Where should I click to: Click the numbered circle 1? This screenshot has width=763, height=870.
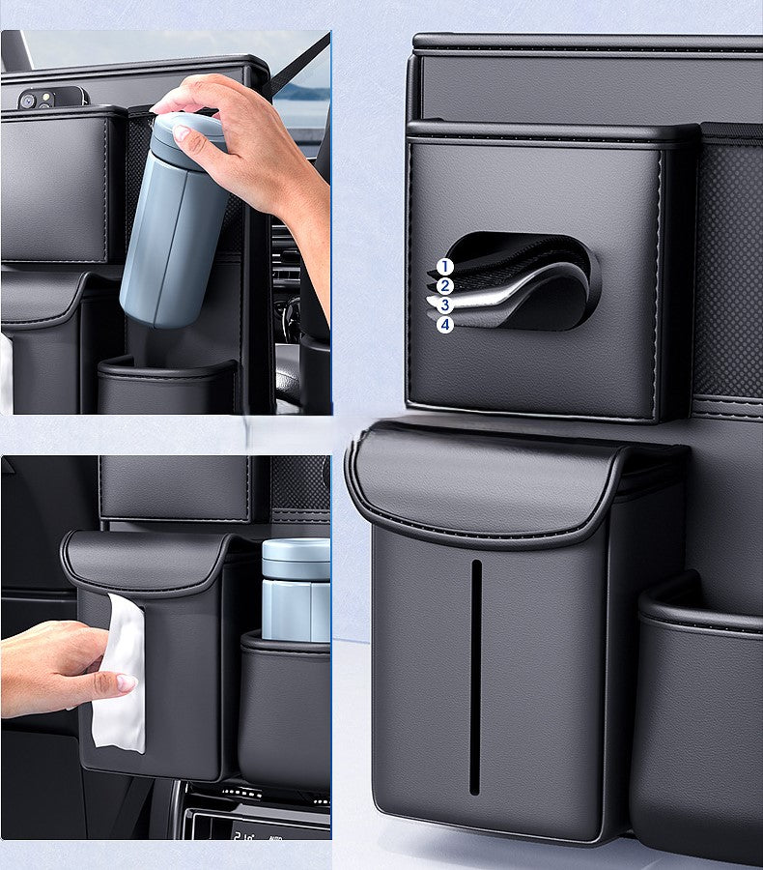pos(444,267)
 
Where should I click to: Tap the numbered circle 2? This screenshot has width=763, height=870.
pos(444,286)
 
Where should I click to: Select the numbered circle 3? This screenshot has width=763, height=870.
pos(444,305)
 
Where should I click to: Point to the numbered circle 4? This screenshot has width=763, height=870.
pos(444,325)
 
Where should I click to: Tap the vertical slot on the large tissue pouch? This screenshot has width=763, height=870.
pos(475,677)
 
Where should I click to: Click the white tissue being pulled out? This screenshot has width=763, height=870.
pos(119,672)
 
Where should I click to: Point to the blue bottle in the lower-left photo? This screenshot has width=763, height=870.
pos(296,590)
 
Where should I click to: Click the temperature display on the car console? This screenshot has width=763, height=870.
pos(243,836)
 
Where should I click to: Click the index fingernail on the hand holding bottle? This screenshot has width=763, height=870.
pos(181,132)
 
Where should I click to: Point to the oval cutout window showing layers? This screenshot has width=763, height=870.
pos(524,280)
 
